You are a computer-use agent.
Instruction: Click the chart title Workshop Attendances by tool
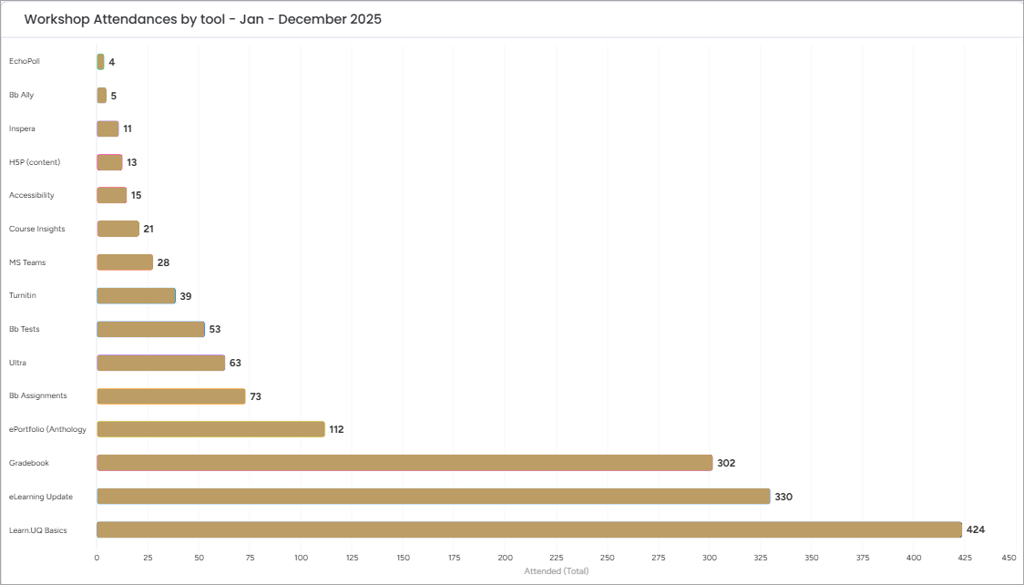[202, 19]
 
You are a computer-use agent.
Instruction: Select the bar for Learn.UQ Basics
[528, 529]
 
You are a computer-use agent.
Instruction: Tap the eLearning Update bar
[433, 496]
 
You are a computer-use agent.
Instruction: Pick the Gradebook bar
[404, 463]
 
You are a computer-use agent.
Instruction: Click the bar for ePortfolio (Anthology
[210, 429]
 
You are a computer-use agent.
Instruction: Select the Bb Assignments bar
[171, 396]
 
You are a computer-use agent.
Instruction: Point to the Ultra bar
[160, 363]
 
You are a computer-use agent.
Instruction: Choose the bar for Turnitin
[136, 296]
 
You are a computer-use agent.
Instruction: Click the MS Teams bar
[125, 262]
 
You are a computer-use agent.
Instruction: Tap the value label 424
[976, 529]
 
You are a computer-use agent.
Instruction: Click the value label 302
[726, 463]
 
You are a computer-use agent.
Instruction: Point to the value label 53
[215, 329]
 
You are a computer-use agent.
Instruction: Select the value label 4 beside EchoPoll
[111, 62]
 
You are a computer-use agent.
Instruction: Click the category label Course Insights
[37, 229]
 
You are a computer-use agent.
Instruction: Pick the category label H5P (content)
[35, 162]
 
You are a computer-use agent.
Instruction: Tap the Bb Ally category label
[22, 95]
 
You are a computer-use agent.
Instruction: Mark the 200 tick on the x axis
[505, 557]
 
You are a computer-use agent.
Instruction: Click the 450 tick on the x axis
[1009, 557]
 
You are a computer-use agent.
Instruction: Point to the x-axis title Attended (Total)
[557, 571]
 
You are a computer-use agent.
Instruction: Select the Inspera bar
[108, 128]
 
